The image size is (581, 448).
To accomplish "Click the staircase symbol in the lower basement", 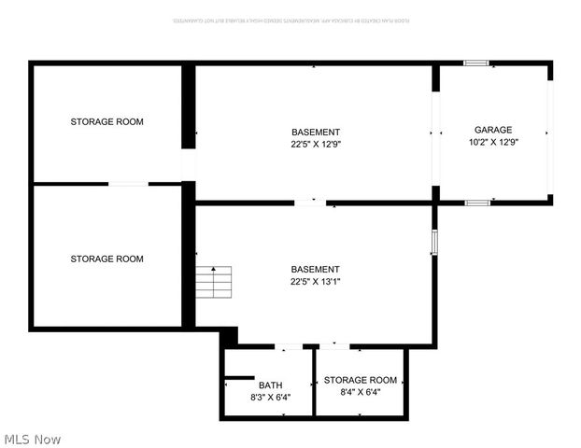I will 214,282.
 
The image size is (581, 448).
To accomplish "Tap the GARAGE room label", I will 493,130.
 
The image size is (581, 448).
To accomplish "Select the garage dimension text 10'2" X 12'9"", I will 493,143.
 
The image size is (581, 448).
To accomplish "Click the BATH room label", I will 270,385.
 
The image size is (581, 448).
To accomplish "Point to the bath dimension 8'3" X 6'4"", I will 270,397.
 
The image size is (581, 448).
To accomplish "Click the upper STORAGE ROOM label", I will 107,121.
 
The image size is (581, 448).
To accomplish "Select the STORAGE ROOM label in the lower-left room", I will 107,259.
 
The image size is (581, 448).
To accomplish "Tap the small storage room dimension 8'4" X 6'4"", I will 361,392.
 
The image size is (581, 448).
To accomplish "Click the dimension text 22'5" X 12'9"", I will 316,144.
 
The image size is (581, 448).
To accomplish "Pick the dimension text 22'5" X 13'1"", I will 316,281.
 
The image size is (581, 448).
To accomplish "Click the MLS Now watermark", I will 32,439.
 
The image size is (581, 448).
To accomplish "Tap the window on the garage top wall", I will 476,63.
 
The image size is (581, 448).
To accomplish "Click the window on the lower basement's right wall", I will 434,243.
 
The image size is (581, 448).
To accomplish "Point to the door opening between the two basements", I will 310,202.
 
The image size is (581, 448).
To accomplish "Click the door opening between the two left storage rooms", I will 129,184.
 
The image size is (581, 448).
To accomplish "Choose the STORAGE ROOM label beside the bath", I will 361,380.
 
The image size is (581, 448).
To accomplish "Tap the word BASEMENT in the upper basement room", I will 316,132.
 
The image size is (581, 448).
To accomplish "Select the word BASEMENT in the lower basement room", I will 316,269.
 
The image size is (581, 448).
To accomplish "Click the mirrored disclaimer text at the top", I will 290,20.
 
